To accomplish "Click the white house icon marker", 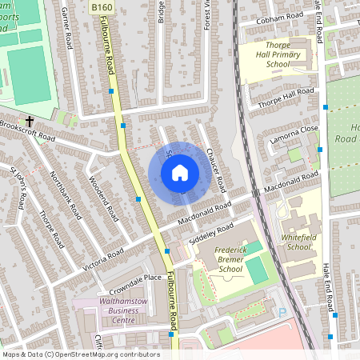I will (x=179, y=172).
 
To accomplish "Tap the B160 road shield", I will (x=102, y=7).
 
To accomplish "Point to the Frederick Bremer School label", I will (x=218, y=259).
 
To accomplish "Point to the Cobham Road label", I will (x=279, y=18).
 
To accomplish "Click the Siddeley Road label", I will (x=215, y=233).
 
